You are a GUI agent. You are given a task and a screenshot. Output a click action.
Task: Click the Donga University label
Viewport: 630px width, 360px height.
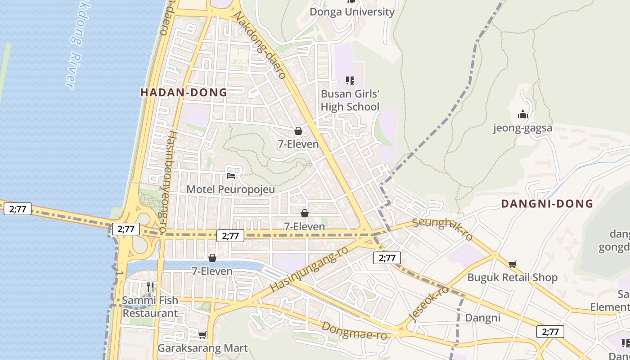tap(352, 12)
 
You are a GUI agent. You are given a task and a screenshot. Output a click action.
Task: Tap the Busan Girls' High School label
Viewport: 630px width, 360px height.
tap(350, 100)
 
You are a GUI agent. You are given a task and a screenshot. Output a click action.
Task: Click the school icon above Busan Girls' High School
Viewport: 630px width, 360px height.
tap(350, 81)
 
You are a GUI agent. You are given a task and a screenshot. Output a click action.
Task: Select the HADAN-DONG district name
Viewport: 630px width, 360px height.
tap(184, 93)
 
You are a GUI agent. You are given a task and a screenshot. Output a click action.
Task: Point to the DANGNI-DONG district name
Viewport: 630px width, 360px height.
tap(547, 204)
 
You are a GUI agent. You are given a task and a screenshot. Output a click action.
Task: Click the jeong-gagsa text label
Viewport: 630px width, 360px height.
tap(522, 128)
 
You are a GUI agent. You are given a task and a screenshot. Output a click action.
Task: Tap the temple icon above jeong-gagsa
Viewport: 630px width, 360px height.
tap(522, 114)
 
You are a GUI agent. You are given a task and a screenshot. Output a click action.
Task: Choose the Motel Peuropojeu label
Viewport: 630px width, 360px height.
tap(230, 189)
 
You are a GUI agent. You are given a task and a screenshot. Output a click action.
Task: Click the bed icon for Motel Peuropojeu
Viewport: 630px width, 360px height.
tap(231, 175)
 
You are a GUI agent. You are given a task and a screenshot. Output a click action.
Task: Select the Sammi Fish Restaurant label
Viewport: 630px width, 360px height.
tap(150, 306)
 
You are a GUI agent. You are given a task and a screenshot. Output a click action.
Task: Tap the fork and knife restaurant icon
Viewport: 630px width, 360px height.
tap(150, 287)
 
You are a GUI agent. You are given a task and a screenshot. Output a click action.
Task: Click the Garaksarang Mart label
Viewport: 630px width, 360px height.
tap(202, 348)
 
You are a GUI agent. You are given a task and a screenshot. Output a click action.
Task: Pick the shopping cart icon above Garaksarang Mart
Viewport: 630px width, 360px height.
tap(202, 335)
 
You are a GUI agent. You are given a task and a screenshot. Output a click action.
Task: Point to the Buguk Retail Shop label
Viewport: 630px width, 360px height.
tap(513, 277)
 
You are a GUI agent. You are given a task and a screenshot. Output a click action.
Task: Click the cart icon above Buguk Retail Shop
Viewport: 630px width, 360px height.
tap(512, 264)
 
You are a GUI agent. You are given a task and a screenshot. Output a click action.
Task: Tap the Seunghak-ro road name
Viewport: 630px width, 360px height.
tap(442, 229)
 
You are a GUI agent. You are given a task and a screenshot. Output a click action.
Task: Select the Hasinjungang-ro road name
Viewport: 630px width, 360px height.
tap(309, 269)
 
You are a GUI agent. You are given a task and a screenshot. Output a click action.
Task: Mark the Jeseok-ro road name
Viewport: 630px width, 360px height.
tap(430, 302)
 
